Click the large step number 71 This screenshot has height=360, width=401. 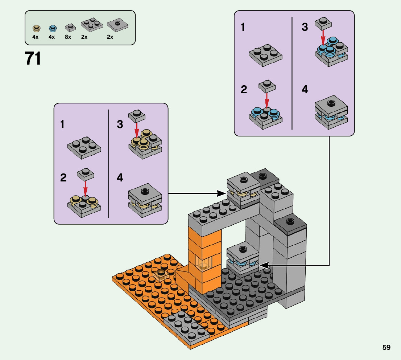pos(33,58)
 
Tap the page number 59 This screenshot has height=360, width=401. pos(386,347)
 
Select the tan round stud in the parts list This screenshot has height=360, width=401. pos(36,28)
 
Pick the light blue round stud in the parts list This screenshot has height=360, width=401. pos(53,28)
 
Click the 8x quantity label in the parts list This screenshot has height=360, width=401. pos(68,37)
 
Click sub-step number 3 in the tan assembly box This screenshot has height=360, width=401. pos(120,124)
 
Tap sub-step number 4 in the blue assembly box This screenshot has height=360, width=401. pos(305,89)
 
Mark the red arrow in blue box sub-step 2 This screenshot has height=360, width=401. pos(266,99)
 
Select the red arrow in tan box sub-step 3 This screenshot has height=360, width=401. pos(137,128)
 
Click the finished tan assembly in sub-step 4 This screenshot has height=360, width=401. pos(145,200)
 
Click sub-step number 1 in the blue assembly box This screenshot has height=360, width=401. pos(243,28)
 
